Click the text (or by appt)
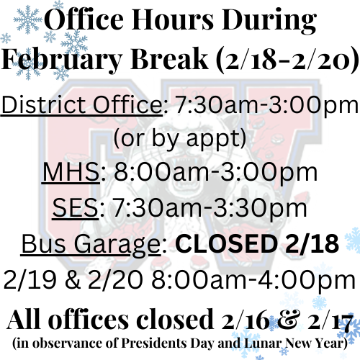[x=180, y=139]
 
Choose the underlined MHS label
[x=68, y=174]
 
